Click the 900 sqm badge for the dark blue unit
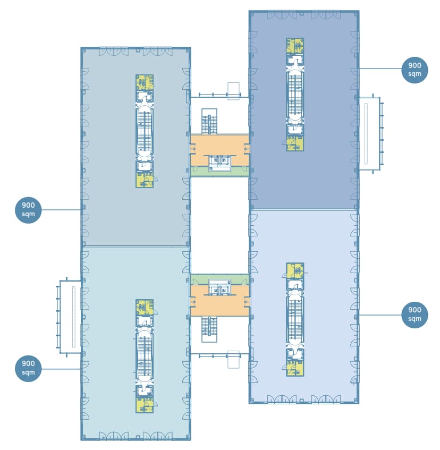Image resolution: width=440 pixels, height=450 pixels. [414, 70]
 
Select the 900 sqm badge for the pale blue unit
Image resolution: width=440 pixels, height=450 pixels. [414, 314]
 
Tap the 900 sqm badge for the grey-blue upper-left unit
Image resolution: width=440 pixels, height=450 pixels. [28, 210]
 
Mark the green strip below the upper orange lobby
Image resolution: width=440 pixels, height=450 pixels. [219, 172]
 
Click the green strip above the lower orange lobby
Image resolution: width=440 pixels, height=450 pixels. [219, 279]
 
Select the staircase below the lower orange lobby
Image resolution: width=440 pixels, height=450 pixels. [209, 329]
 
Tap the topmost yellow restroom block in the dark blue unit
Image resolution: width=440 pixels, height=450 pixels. [294, 46]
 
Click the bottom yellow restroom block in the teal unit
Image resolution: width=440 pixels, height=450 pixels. [144, 405]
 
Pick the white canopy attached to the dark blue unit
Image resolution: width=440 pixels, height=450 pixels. [369, 133]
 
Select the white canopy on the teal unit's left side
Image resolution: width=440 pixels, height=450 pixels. [70, 317]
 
